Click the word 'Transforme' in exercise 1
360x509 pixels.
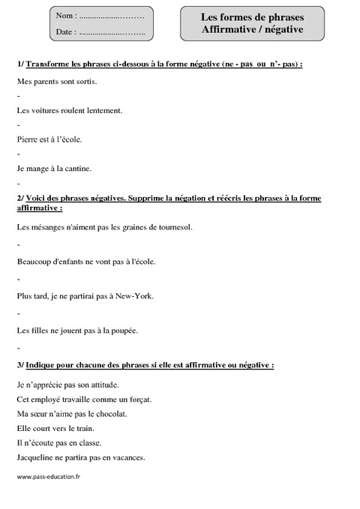click(49, 64)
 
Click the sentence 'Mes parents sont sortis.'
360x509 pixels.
click(57, 81)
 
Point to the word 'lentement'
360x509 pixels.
click(103, 110)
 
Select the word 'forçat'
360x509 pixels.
click(139, 399)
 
